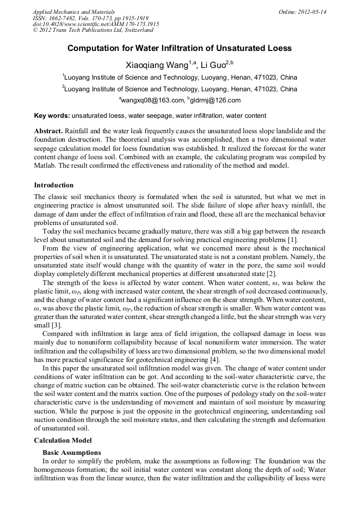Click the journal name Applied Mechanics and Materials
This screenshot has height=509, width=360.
click(74, 12)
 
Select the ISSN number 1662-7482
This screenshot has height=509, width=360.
click(65, 18)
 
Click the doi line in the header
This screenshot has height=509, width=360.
click(96, 24)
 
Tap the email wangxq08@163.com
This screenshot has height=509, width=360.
click(152, 100)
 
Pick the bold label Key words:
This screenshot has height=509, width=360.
click(52, 116)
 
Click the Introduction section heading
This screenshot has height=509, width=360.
click(54, 185)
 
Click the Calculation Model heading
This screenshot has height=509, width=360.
click(63, 441)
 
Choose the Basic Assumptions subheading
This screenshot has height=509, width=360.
click(71, 453)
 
